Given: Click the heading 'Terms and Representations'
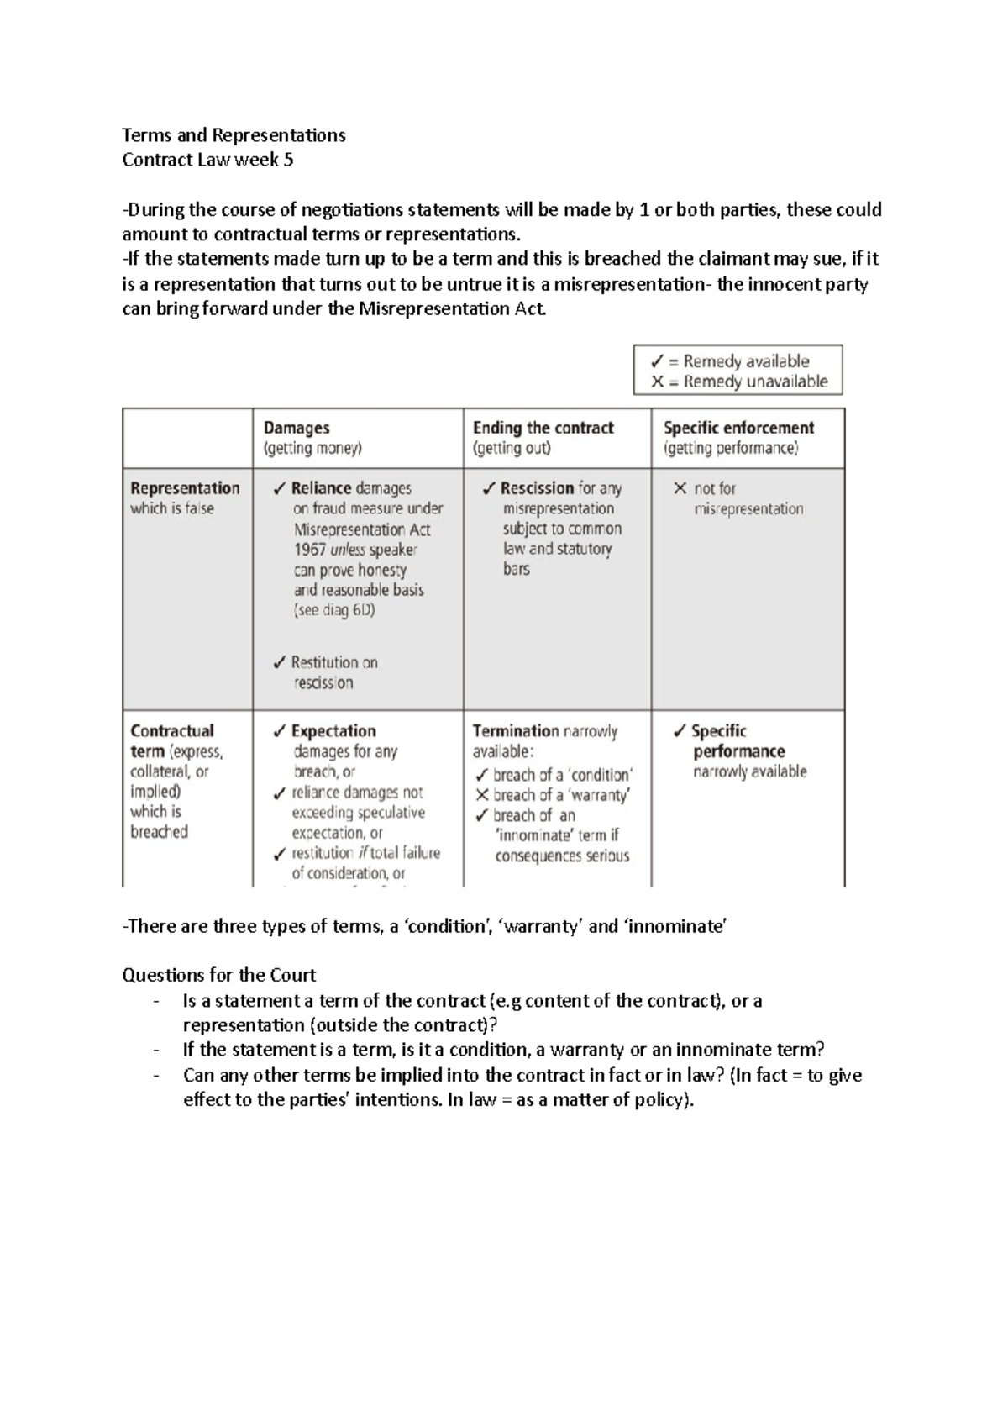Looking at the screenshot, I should [234, 135].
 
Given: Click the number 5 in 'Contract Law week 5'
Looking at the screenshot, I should [288, 160].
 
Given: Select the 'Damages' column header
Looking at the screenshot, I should [297, 428].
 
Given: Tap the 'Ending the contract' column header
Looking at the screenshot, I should [543, 428].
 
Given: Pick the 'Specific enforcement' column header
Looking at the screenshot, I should [738, 428].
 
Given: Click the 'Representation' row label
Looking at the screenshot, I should [185, 488].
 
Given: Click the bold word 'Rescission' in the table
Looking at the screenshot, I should [537, 488].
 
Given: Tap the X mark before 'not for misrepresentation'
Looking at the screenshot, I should [680, 488].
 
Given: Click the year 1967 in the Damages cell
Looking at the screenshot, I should [310, 550].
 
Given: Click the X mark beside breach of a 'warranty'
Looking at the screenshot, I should [481, 795].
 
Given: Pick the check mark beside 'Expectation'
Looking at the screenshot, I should [280, 731].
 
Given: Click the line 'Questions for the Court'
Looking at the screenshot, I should [218, 975].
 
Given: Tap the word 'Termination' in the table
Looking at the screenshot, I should [515, 731].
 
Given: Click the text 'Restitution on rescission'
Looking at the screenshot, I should [333, 672].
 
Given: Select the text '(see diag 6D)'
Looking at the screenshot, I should [334, 610].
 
